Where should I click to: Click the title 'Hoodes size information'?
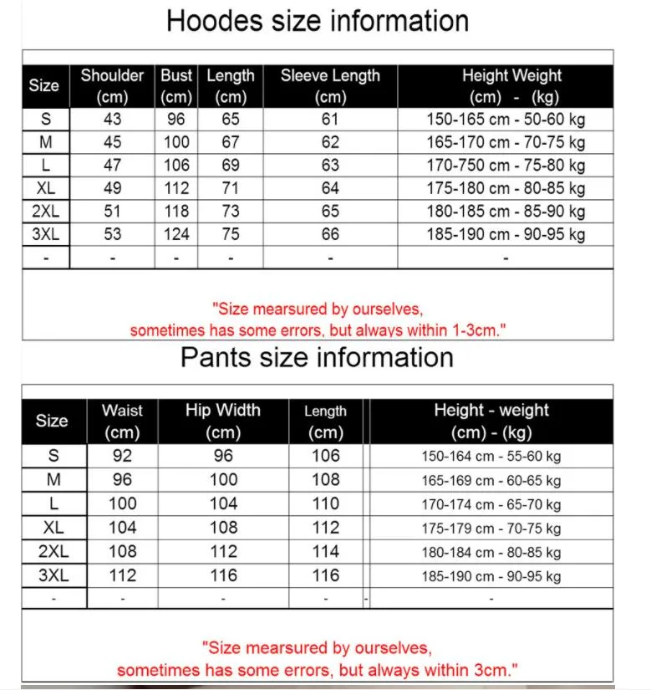click(x=318, y=21)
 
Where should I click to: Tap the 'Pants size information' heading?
click(x=317, y=358)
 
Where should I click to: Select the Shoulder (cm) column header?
click(x=112, y=86)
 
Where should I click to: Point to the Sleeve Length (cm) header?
click(x=330, y=86)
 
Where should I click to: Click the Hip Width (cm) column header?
click(x=223, y=422)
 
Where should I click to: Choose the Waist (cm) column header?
click(x=122, y=422)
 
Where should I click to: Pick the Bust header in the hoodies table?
click(x=176, y=86)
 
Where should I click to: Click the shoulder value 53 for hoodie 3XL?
click(x=112, y=234)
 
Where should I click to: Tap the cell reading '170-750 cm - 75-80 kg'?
click(x=506, y=166)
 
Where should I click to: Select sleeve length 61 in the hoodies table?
click(x=330, y=120)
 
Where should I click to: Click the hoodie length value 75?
click(x=231, y=234)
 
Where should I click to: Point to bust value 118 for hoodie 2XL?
click(x=176, y=212)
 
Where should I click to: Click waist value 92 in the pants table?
click(x=122, y=456)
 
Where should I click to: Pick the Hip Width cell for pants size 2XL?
click(x=223, y=551)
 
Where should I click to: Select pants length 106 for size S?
click(x=325, y=456)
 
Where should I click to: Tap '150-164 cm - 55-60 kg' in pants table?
click(x=491, y=457)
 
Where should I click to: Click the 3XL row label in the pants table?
click(x=53, y=575)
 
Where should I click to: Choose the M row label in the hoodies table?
click(x=45, y=143)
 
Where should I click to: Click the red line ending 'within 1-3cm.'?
click(x=318, y=330)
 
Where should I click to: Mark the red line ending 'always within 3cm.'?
click(x=317, y=670)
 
